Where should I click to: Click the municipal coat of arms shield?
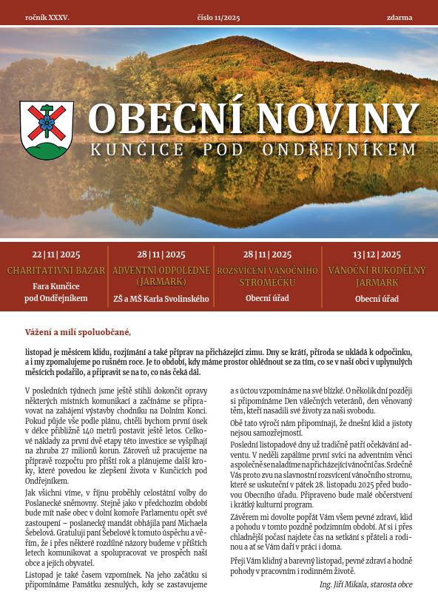click(47, 130)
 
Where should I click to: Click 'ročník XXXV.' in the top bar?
click(47, 16)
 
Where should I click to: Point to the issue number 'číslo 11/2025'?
click(219, 16)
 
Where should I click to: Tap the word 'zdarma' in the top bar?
click(399, 16)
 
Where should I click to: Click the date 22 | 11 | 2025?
click(56, 254)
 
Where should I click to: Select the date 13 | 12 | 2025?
click(377, 254)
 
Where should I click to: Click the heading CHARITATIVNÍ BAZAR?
click(56, 271)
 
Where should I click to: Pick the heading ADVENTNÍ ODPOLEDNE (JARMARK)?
click(161, 276)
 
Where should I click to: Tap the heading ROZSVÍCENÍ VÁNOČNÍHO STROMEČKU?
click(267, 276)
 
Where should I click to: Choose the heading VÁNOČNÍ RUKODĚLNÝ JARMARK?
click(377, 276)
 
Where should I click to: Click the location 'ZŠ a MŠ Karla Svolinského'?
click(161, 299)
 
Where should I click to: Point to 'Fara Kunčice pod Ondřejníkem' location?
click(56, 292)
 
